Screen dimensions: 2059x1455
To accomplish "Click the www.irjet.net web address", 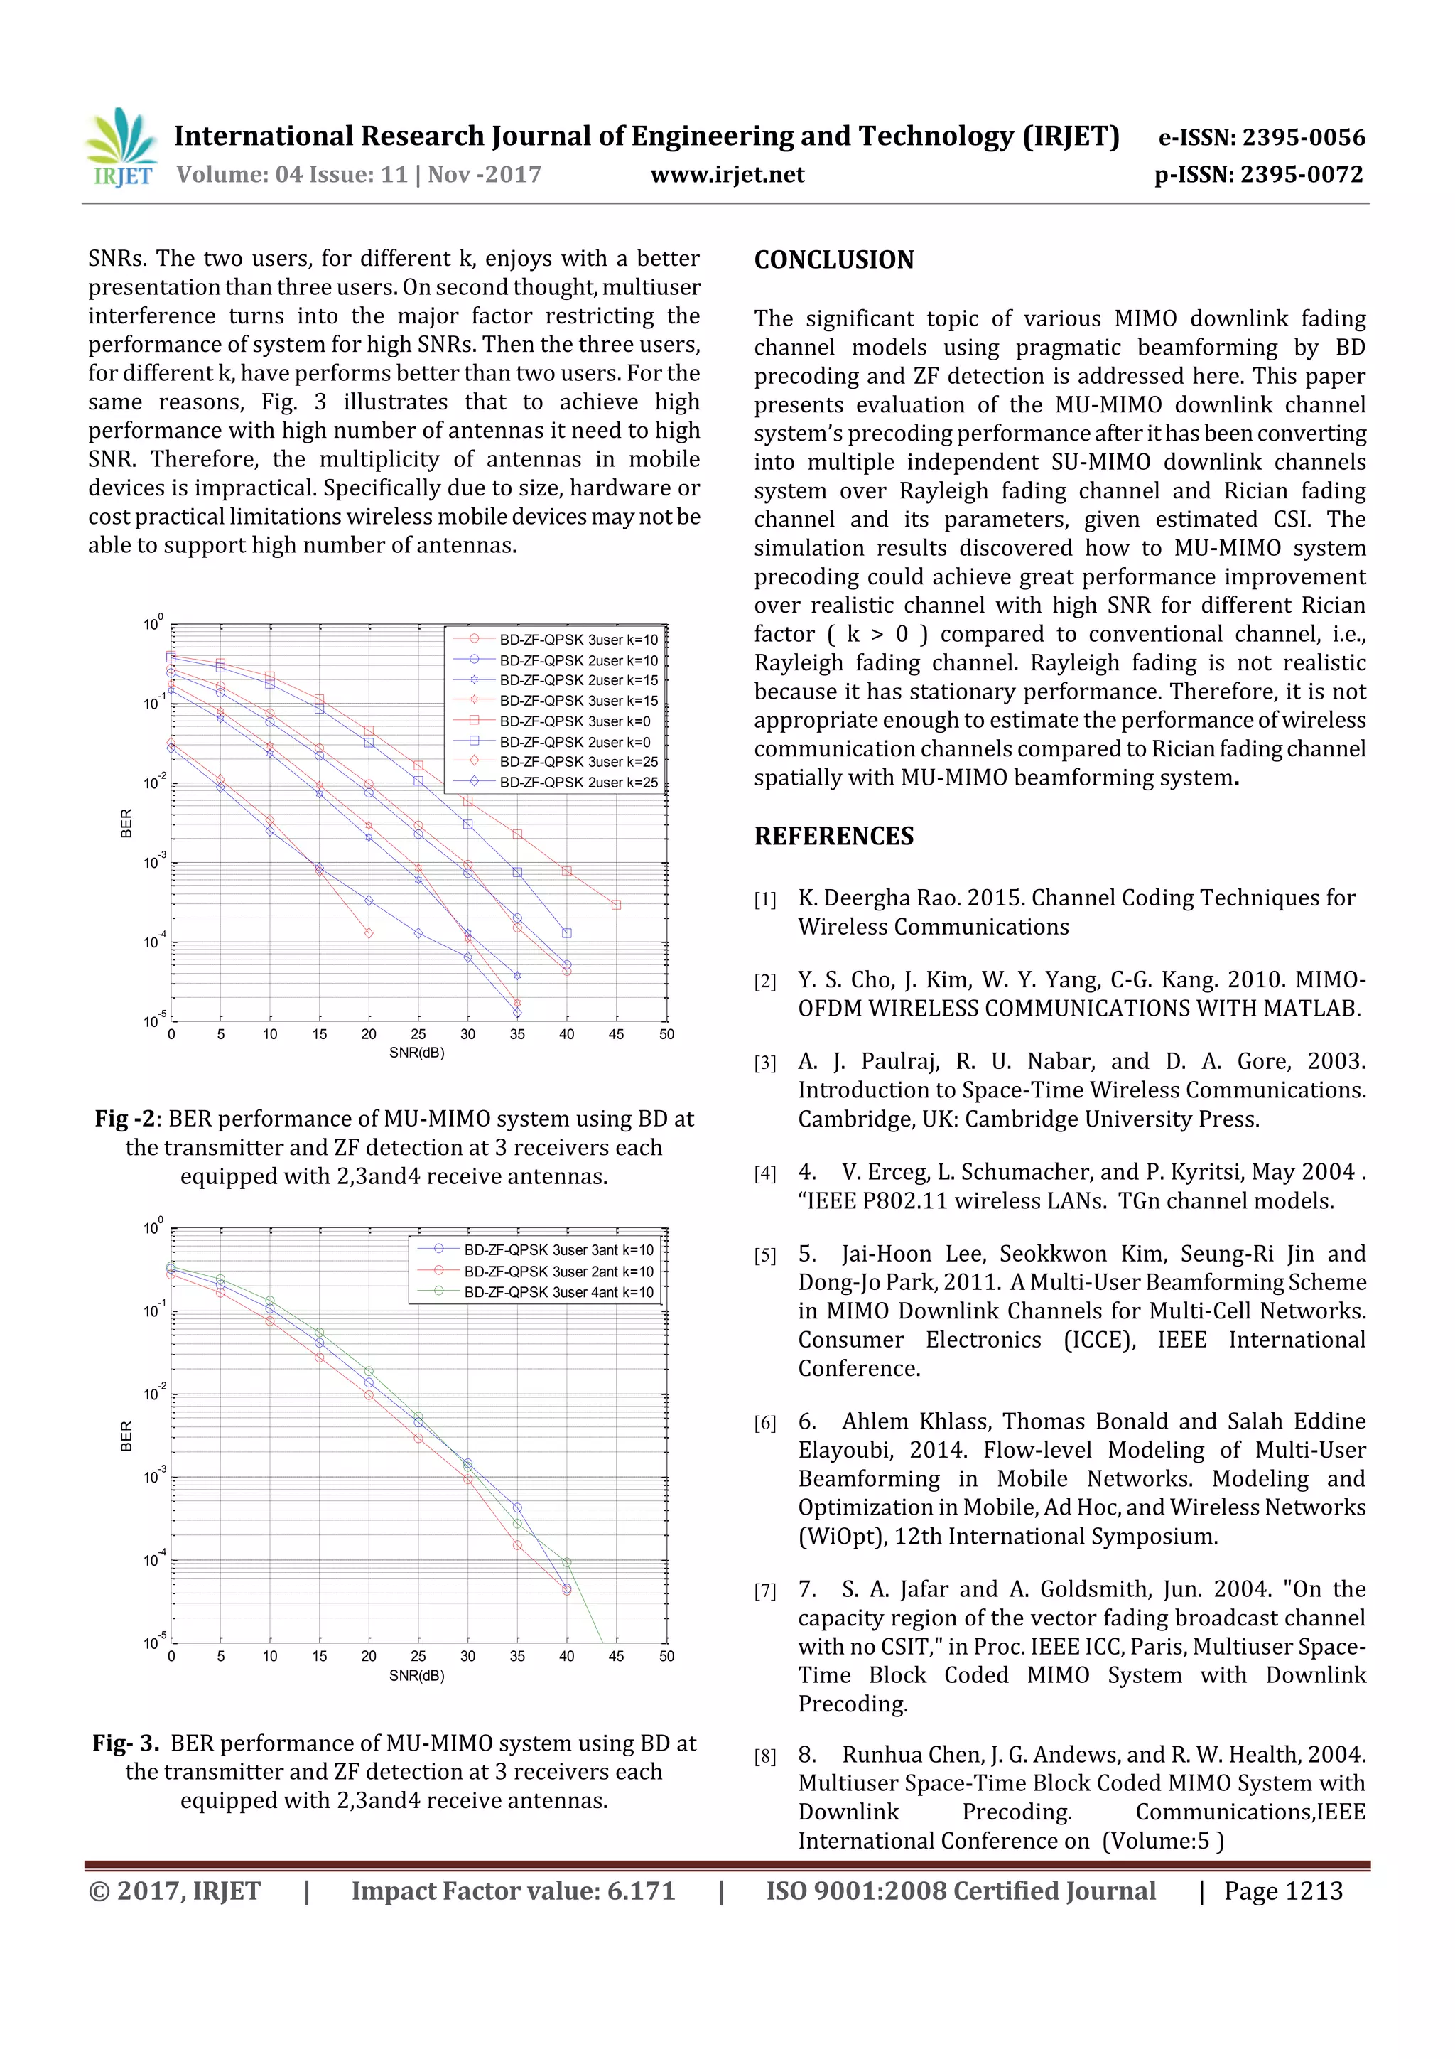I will tap(727, 175).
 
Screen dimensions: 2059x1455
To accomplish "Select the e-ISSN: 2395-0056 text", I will tap(1261, 137).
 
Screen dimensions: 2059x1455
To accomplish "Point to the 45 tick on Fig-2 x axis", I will tap(616, 1034).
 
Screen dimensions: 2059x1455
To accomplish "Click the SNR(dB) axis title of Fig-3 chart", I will tap(417, 1675).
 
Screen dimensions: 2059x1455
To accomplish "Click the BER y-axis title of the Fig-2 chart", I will tap(126, 823).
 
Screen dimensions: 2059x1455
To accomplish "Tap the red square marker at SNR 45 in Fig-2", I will tap(616, 905).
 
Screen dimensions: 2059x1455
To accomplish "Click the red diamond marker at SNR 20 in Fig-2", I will tap(369, 933).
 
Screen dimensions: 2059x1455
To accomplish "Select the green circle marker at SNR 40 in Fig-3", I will tap(566, 1562).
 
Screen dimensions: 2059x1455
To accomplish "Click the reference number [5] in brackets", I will tap(764, 1255).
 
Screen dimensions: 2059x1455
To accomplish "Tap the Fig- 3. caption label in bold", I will tap(126, 1743).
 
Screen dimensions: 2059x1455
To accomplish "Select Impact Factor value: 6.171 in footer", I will tap(513, 1891).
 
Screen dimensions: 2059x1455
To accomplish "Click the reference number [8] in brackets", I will tap(764, 1757).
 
